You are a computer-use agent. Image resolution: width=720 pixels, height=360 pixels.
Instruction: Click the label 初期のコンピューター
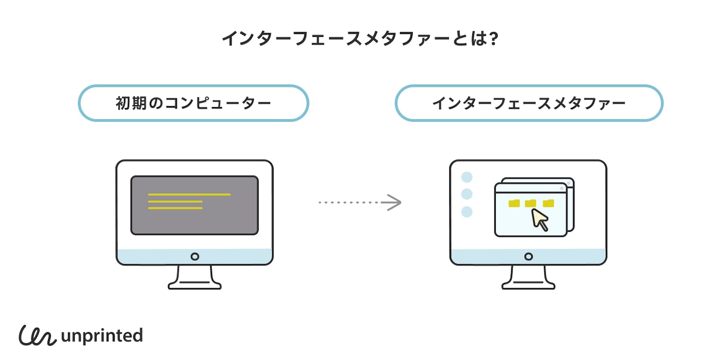click(193, 103)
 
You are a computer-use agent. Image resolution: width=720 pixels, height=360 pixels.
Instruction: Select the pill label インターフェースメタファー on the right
click(528, 103)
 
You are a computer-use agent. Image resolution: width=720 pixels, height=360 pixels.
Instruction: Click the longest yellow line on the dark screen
click(189, 194)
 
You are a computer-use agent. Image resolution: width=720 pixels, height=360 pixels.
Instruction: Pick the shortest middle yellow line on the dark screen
click(175, 202)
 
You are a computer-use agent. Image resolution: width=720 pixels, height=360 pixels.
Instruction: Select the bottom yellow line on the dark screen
click(175, 208)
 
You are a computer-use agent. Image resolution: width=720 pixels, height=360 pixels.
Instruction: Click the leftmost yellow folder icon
click(514, 203)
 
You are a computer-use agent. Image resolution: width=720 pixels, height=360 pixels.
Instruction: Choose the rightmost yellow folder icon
click(548, 203)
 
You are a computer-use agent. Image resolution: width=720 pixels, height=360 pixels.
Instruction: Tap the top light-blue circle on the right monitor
click(467, 177)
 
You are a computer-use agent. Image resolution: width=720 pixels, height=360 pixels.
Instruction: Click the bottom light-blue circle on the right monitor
click(467, 212)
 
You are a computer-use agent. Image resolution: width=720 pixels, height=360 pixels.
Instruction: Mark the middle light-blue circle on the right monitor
click(467, 194)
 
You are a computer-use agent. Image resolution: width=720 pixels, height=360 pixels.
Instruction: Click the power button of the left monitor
click(194, 257)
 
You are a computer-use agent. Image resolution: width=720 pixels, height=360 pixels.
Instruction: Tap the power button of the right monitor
click(528, 257)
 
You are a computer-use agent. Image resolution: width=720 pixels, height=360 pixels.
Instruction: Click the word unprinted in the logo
click(102, 336)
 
